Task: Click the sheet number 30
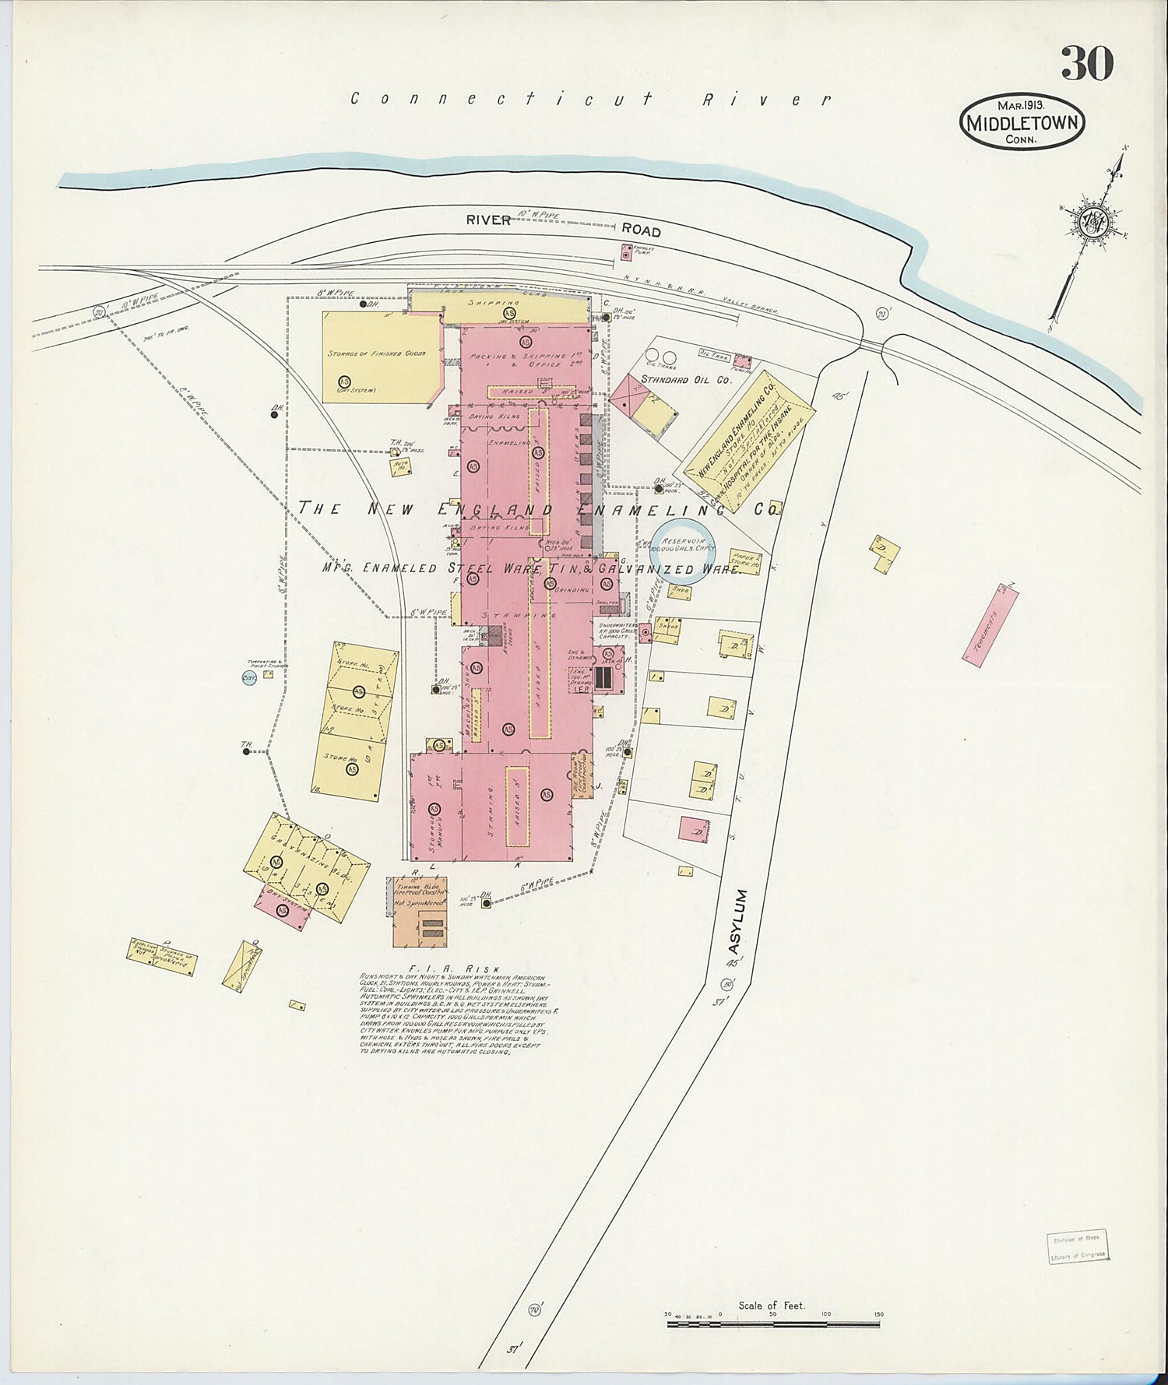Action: (1087, 64)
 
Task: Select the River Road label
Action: (563, 224)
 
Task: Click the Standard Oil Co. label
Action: (685, 380)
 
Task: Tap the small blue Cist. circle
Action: (249, 679)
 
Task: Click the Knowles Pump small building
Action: (626, 251)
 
